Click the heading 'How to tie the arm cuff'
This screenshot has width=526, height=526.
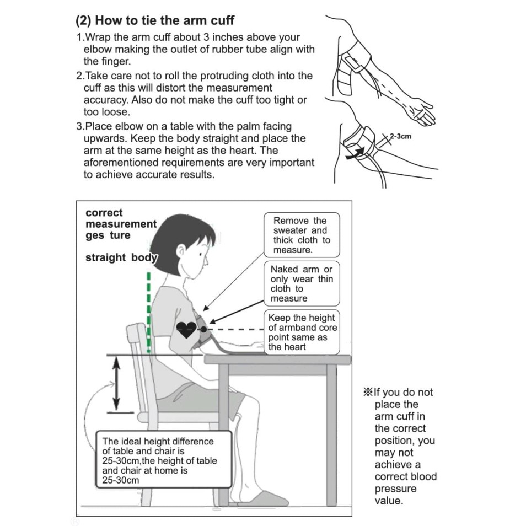165,20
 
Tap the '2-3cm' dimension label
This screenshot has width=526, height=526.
400,137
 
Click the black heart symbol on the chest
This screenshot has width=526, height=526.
186,329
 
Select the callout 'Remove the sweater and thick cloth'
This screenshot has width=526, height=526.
302,235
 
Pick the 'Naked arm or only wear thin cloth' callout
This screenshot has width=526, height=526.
302,284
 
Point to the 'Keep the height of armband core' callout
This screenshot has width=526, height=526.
302,332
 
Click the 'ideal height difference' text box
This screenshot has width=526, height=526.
164,460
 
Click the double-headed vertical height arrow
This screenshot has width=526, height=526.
116,383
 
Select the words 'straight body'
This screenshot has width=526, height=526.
121,257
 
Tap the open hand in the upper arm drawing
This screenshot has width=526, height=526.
421,113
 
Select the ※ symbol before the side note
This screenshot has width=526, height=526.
368,392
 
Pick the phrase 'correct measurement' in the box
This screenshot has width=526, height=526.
121,218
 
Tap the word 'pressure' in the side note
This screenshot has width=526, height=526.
395,489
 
